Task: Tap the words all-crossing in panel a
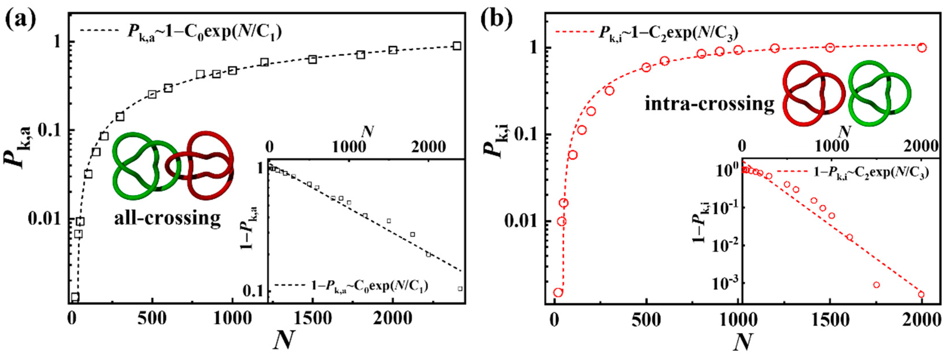167,218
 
